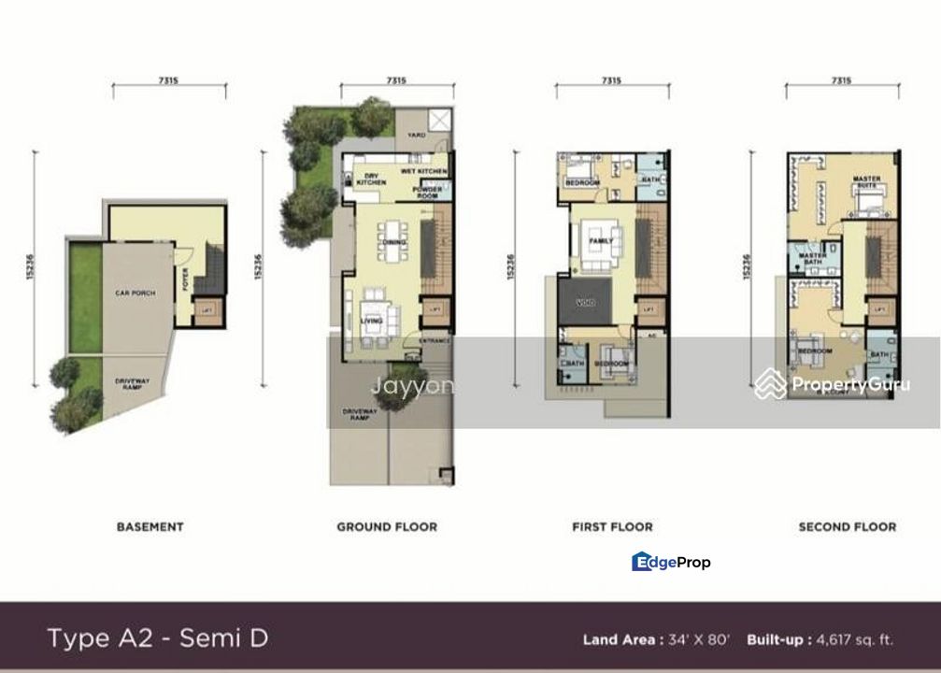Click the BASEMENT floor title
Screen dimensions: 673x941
[x=150, y=527]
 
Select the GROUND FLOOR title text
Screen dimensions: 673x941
[x=387, y=527]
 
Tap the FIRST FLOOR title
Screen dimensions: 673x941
[x=612, y=527]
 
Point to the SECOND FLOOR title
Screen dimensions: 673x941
[x=847, y=527]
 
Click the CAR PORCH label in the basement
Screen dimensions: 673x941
[x=135, y=294]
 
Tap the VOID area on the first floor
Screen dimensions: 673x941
[x=585, y=302]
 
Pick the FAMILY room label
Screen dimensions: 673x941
[x=601, y=241]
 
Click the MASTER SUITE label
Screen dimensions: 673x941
[x=865, y=182]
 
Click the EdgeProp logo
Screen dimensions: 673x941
[x=671, y=562]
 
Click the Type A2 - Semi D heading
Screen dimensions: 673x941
[x=158, y=638]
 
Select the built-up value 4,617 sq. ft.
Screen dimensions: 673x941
[x=854, y=640]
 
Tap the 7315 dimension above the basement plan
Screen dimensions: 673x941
[x=169, y=81]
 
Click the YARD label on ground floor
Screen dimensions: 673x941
[x=416, y=135]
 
